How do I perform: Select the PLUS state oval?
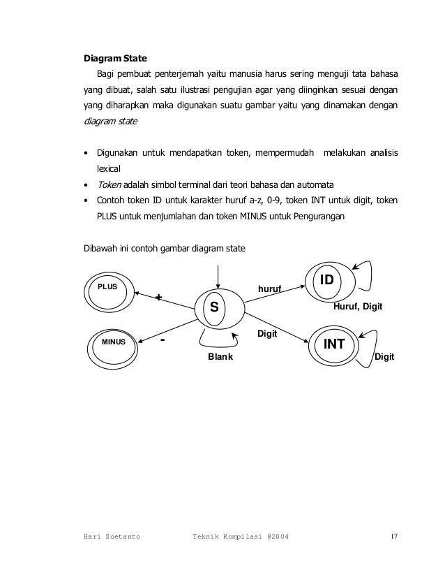(x=107, y=288)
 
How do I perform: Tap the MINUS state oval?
(x=112, y=343)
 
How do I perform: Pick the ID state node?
(x=327, y=281)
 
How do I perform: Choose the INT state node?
(x=333, y=344)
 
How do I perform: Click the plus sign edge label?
(x=159, y=298)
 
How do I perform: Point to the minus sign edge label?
(x=163, y=340)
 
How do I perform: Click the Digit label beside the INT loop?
(x=385, y=357)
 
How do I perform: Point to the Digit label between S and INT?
(x=268, y=335)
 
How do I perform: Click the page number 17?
(x=394, y=536)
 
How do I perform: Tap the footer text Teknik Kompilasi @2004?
(x=242, y=536)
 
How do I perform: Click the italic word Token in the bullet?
(x=108, y=184)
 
